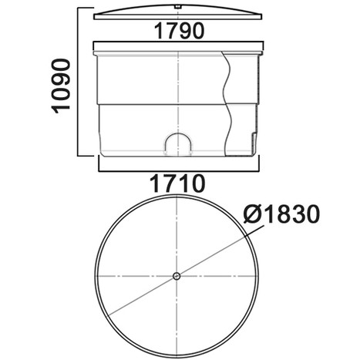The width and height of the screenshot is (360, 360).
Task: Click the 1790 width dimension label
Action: [179, 31]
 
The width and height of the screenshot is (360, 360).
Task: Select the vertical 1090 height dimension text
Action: [61, 86]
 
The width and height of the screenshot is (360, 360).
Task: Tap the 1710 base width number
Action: [177, 183]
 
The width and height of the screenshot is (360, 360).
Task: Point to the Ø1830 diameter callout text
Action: [281, 214]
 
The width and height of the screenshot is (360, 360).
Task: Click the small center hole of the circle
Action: [177, 276]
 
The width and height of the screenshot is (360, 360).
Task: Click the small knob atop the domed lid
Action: [177, 7]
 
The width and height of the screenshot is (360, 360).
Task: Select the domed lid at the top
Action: [178, 12]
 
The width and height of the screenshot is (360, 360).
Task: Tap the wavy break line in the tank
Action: [227, 103]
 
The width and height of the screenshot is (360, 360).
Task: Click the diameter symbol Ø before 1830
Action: [251, 214]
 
